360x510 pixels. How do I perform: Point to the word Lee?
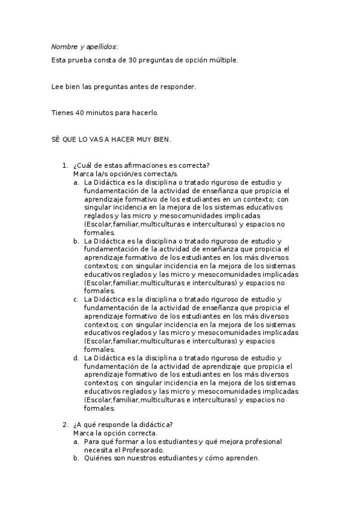[x=58, y=87]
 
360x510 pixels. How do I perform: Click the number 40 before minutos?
[x=76, y=112]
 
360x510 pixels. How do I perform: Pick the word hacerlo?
[x=144, y=112]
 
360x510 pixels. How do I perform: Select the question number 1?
[x=65, y=166]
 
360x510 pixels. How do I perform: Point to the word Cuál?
[x=84, y=166]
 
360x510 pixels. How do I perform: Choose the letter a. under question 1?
[x=76, y=182]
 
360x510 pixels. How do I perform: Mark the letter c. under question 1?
[x=76, y=299]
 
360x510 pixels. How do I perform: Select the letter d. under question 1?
[x=76, y=358]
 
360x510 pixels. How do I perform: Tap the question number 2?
[x=65, y=425]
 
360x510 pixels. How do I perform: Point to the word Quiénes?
[x=99, y=458]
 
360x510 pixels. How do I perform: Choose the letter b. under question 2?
[x=76, y=458]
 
